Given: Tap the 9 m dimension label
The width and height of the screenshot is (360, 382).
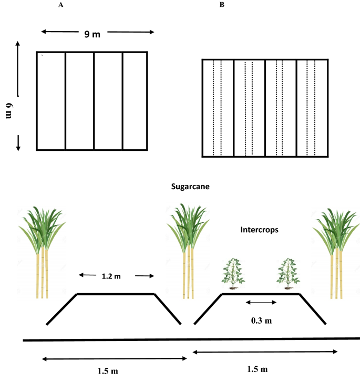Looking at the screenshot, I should point(92,34).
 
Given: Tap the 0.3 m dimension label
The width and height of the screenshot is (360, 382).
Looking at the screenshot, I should point(261,318).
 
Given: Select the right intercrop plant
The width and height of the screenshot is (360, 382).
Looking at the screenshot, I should point(289,273).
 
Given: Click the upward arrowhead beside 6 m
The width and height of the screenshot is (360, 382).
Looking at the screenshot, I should point(18,46).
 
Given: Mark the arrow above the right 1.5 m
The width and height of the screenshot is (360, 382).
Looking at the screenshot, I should point(265,352).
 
